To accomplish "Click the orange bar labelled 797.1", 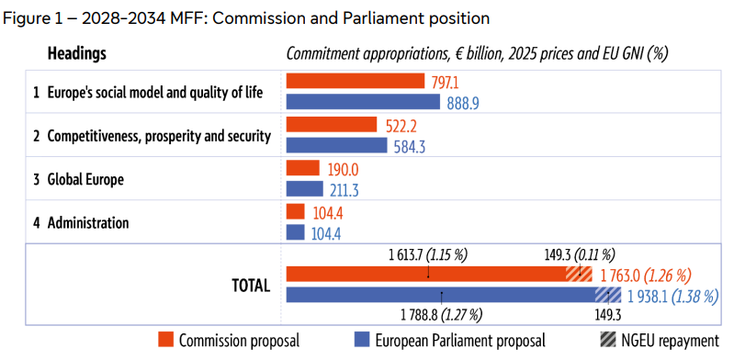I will tap(355, 82).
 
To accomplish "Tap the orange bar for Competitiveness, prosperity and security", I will tap(332, 125).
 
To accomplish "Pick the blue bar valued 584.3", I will tap(336, 145).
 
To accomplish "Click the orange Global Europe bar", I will tap(302, 168).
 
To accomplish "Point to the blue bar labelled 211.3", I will tap(304, 189).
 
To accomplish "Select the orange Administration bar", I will tap(295, 212).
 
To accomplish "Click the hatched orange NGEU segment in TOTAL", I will tap(579, 275).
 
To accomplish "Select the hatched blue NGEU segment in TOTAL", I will tap(608, 295).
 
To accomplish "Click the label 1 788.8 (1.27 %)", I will tap(442, 315).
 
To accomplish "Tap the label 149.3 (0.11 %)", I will tap(579, 253).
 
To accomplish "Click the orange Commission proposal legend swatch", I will tap(166, 340).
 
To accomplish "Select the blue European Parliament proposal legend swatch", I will tap(361, 340).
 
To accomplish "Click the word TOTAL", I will tap(248, 285).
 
